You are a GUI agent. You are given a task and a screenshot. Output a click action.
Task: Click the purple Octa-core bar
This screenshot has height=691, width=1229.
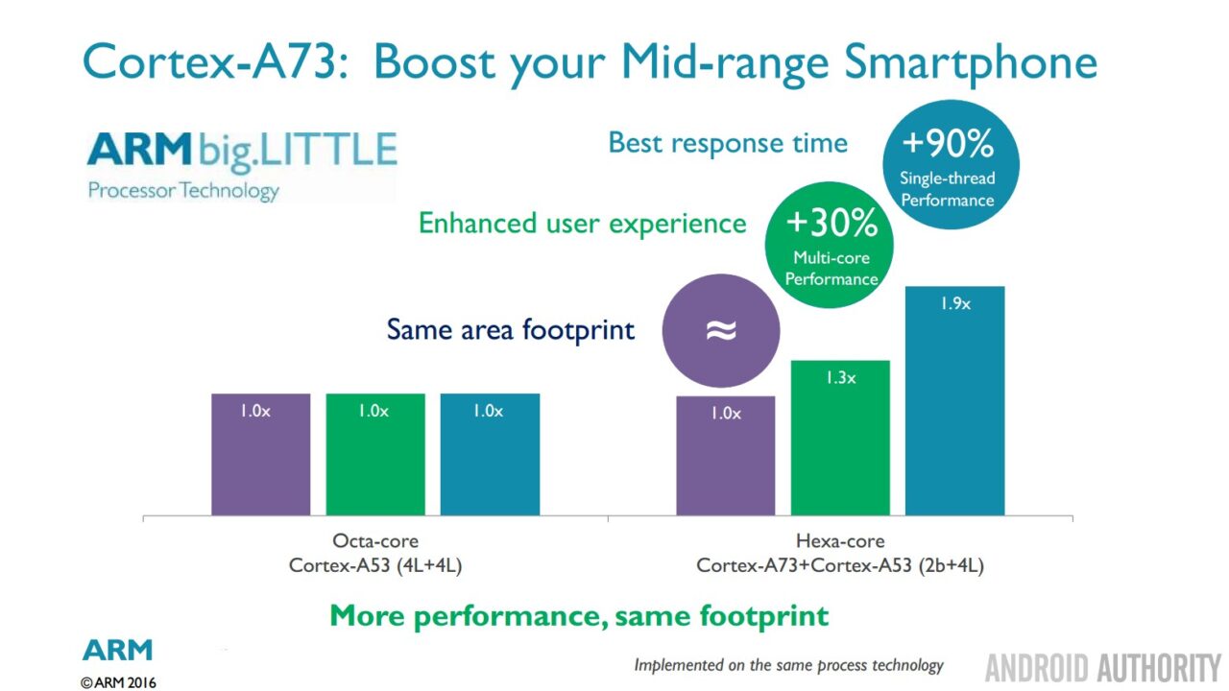(x=260, y=454)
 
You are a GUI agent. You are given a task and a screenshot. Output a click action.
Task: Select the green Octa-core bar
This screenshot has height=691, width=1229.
(x=374, y=454)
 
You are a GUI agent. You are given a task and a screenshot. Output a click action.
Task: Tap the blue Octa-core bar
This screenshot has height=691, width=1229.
(x=490, y=454)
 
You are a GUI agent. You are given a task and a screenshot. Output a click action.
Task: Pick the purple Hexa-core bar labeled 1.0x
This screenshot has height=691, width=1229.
(x=726, y=456)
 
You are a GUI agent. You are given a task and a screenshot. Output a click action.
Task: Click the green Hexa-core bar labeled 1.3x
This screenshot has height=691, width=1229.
(x=840, y=438)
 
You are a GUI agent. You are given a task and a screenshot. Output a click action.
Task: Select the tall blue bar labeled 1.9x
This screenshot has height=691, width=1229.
(x=954, y=400)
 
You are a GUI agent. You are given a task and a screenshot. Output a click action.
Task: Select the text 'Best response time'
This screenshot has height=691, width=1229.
(x=728, y=144)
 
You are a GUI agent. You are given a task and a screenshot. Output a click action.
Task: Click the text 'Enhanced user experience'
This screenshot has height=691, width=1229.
(x=582, y=224)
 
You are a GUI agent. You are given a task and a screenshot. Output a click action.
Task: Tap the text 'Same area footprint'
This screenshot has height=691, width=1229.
(x=510, y=330)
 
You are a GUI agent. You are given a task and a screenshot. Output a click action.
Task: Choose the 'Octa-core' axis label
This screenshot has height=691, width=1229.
(x=375, y=541)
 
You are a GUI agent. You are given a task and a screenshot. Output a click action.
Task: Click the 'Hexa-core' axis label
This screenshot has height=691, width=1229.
(x=840, y=541)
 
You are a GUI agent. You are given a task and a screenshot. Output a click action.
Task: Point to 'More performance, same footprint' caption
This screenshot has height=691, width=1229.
(x=579, y=614)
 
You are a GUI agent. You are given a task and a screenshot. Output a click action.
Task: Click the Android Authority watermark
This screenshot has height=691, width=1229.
(x=1101, y=667)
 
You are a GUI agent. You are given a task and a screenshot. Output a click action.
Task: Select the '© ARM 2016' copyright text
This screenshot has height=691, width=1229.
(x=118, y=682)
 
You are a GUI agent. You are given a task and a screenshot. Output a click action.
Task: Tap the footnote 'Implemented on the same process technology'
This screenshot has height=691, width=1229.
(x=788, y=665)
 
